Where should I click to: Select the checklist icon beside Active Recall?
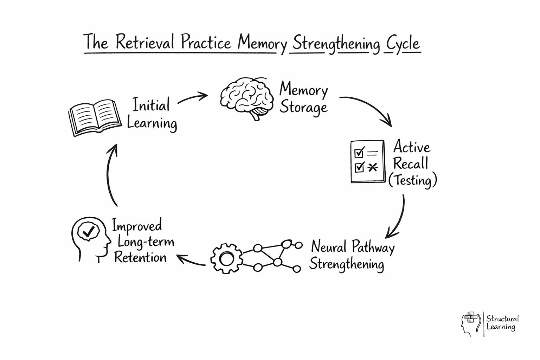[368, 162]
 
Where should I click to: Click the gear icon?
[226, 258]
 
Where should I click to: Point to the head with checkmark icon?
[90, 239]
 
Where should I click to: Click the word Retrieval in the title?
[145, 43]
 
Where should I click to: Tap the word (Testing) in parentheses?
[412, 181]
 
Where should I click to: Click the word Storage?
[303, 108]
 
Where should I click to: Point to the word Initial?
[151, 104]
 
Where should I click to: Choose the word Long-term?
[146, 242]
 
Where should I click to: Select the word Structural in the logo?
[502, 319]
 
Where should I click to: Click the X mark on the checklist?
[372, 167]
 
